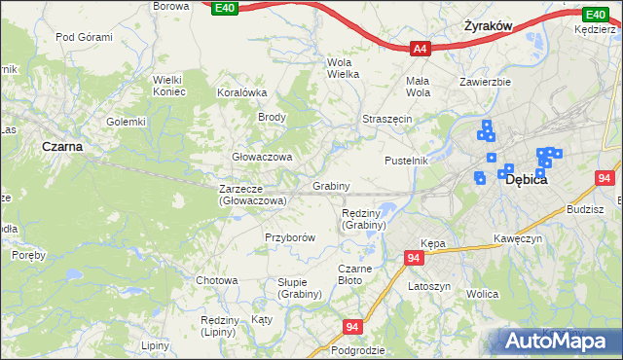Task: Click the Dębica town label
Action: pos(527,180)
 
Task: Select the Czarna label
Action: pos(61,146)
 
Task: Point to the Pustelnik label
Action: pos(406,160)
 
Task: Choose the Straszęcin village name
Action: pos(387,118)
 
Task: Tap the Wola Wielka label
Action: pos(342,68)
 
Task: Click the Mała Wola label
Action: pos(418,87)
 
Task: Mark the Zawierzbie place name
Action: pos(486,82)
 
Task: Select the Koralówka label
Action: pos(242,92)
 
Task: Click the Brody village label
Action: pos(271,117)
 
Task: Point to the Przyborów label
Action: pos(290,237)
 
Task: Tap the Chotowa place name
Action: pos(216,280)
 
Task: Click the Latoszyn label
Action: pos(428,287)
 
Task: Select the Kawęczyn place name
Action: pos(517,238)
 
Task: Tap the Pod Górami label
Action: pos(84,37)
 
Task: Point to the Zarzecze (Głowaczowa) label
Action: pos(252,195)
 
